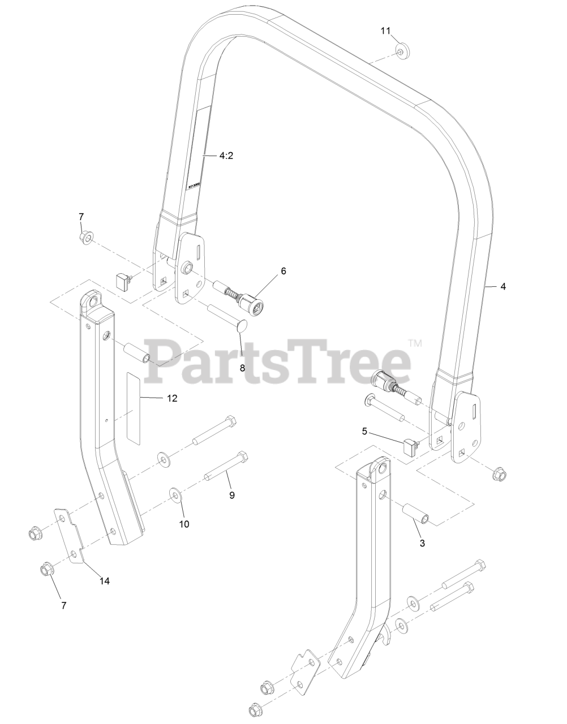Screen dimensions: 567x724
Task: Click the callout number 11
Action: point(385,31)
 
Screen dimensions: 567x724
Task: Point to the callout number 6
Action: point(283,271)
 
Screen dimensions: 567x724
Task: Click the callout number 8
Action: point(242,367)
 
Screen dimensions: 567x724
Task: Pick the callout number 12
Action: point(172,398)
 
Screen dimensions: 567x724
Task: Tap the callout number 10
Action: point(184,524)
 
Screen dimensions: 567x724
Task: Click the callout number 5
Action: point(365,431)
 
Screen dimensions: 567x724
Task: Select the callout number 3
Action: point(422,543)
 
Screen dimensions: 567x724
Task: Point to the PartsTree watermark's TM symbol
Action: point(415,343)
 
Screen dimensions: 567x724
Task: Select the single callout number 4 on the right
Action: point(503,286)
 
